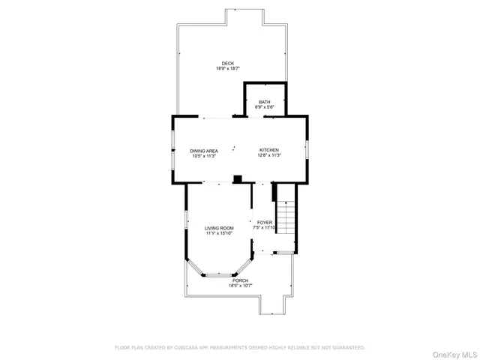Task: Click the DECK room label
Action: [227, 63]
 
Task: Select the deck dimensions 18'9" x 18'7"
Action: [227, 68]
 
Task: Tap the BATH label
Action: [265, 102]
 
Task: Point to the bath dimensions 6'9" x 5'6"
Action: [265, 107]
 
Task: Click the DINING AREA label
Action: [203, 151]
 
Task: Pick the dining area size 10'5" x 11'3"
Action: [203, 156]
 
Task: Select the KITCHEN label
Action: [269, 151]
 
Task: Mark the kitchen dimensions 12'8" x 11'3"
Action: [269, 156]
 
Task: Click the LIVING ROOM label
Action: [219, 228]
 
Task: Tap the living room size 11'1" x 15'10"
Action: [219, 233]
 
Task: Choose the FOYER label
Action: [265, 222]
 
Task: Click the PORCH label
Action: [240, 280]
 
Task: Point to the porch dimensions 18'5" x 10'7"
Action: [240, 286]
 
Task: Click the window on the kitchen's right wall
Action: [307, 149]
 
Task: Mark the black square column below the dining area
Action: [238, 178]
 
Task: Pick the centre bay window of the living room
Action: [219, 274]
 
